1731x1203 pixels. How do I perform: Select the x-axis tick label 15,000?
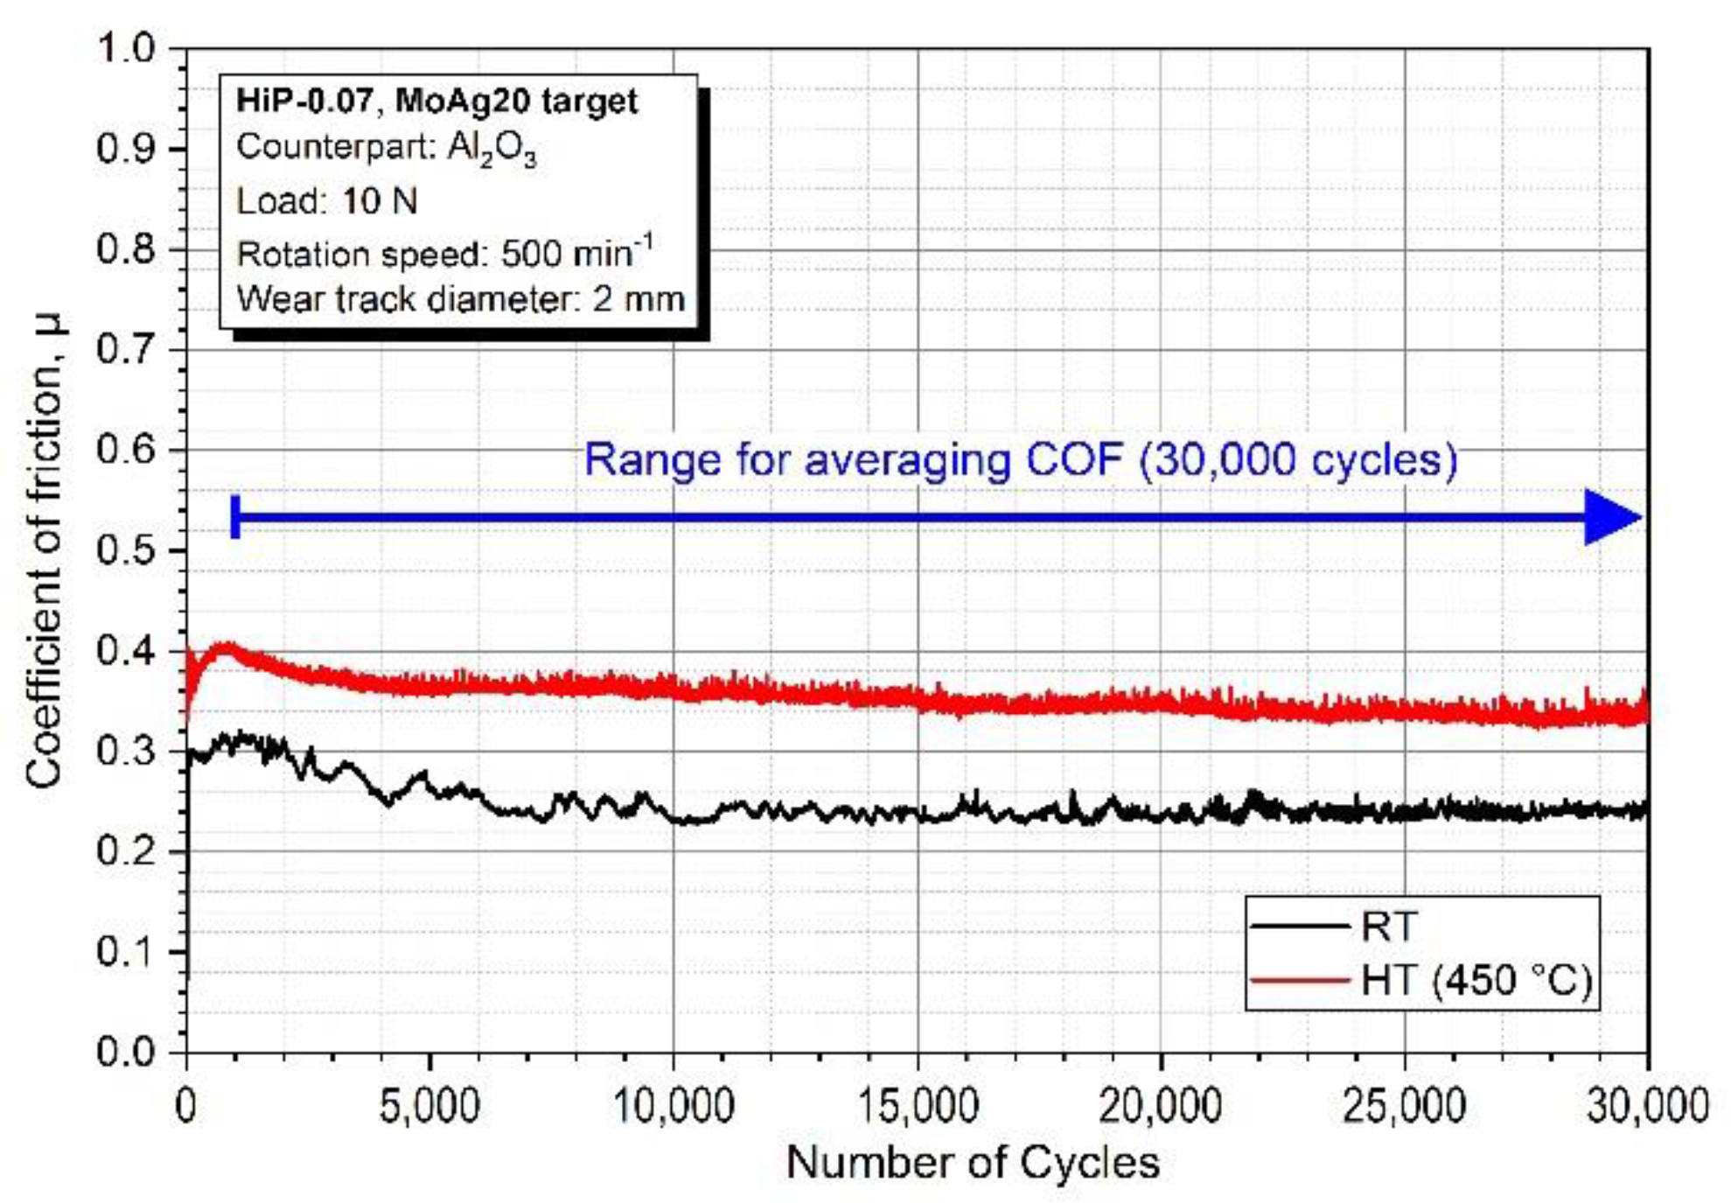point(917,1105)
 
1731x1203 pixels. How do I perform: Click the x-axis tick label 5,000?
point(429,1105)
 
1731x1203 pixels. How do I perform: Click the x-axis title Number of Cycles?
point(973,1163)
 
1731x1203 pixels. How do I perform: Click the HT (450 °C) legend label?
point(1476,980)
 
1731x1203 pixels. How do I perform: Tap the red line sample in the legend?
point(1300,980)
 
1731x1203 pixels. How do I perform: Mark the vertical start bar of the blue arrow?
point(235,517)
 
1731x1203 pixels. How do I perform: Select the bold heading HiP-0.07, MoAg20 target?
point(436,101)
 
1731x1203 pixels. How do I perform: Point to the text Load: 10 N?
point(326,201)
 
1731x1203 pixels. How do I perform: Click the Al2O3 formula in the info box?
point(492,149)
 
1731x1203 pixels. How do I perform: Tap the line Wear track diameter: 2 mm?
point(460,299)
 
